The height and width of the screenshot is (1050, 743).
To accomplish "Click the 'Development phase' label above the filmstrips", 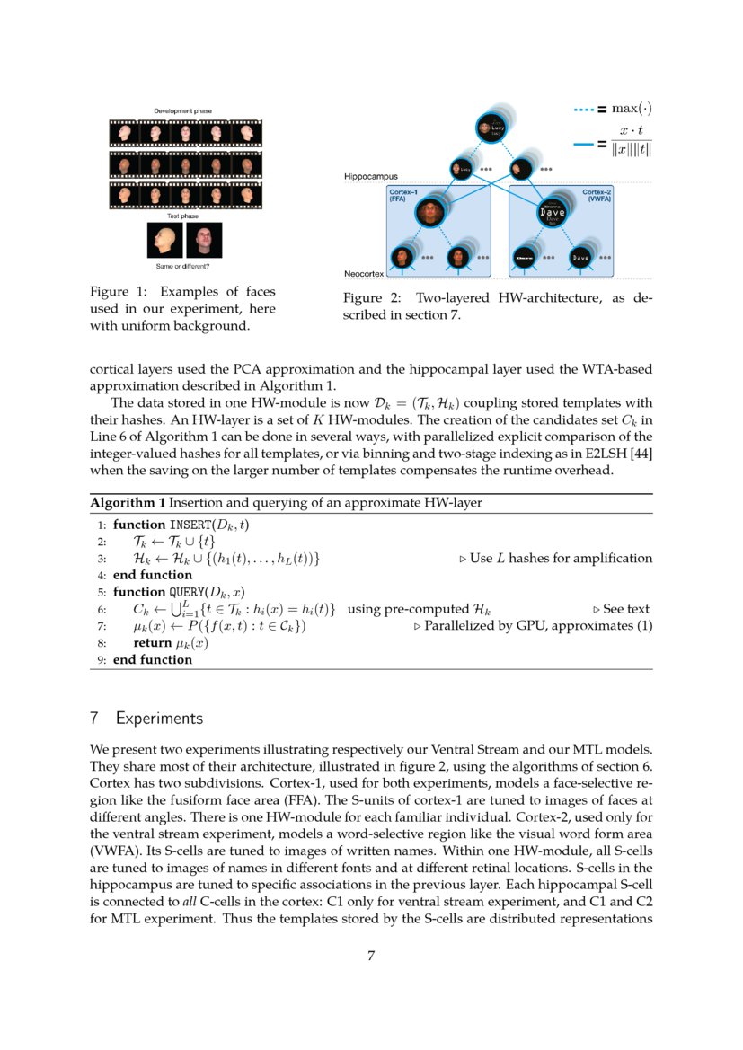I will (182, 110).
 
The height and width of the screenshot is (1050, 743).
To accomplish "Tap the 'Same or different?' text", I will (183, 266).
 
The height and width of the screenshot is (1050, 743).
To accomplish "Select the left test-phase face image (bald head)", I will (164, 241).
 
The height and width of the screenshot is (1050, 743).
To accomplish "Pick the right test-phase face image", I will (203, 241).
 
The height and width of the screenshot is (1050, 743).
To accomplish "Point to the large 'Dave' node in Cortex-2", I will (552, 213).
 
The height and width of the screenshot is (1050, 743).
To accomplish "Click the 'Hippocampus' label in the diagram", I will (371, 177).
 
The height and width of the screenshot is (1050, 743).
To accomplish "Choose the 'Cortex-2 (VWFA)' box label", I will (597, 196).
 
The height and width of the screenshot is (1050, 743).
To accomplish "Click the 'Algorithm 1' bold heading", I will (128, 503).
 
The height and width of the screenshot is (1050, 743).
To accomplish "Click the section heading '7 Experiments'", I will (146, 719).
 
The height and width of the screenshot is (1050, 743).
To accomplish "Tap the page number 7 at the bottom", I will (371, 956).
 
